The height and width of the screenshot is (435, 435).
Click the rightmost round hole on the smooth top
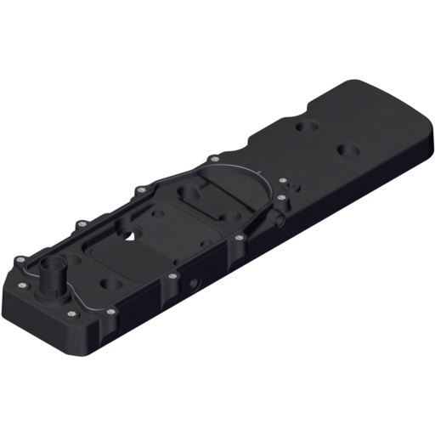[348, 151]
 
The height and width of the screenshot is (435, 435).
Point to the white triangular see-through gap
[129, 235]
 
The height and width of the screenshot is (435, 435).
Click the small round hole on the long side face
[196, 280]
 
